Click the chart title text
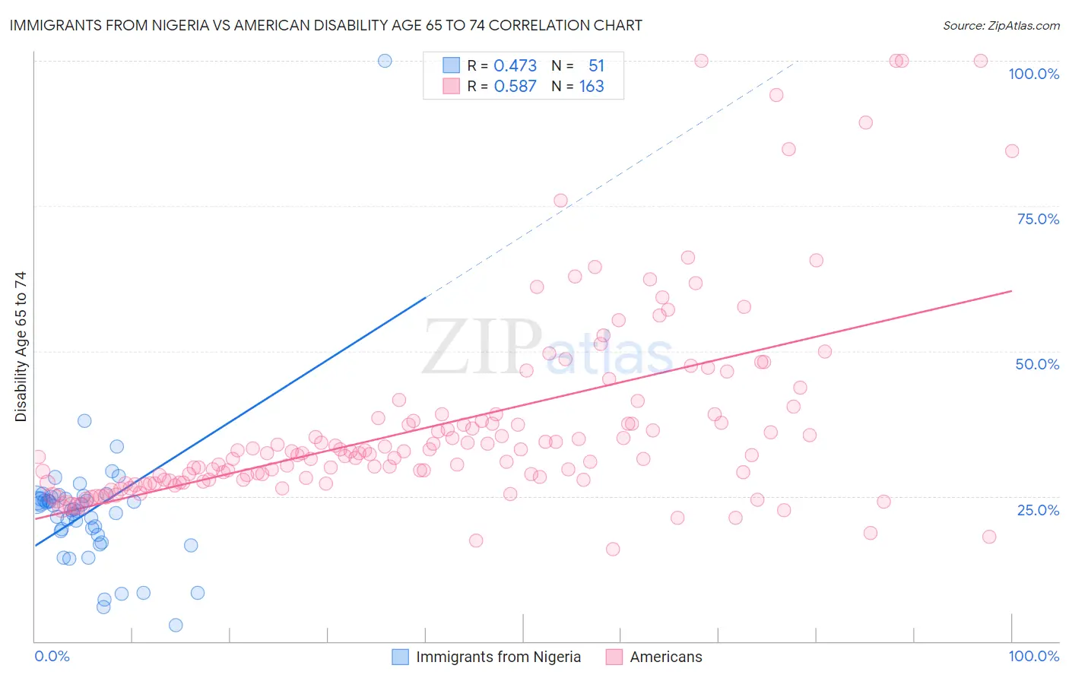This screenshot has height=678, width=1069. [325, 25]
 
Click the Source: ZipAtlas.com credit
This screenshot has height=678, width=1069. [1001, 25]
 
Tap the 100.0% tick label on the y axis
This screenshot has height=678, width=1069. [1033, 74]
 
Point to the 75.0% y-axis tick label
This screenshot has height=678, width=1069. [1038, 219]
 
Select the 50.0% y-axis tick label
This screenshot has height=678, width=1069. [1037, 364]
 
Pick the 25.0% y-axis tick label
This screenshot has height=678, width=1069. [1038, 509]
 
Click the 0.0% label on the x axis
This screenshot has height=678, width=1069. [52, 656]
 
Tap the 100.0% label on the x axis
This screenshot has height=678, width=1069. [1033, 656]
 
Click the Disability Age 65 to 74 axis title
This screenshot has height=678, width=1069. [21, 347]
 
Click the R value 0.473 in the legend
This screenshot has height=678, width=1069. [515, 66]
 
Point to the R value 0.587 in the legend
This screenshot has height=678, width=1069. [515, 87]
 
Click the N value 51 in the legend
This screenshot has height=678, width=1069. [596, 66]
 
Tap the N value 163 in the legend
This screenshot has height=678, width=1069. [592, 87]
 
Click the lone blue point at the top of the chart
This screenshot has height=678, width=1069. [385, 61]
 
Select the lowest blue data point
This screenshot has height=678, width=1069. [176, 625]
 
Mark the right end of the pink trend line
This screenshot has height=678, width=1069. [1011, 291]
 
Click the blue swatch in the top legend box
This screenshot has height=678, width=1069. [452, 66]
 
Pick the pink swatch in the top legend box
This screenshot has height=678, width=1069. [452, 87]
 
